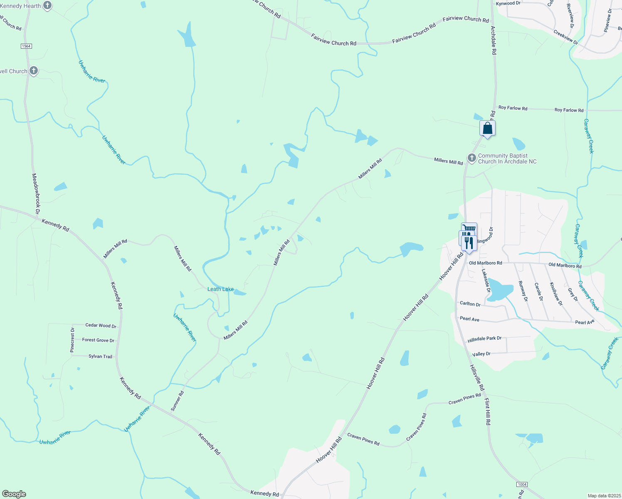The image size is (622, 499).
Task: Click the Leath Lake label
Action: pos(220,289)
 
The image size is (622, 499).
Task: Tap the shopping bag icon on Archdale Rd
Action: pos(487,128)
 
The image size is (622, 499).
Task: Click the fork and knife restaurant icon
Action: pos(469,242)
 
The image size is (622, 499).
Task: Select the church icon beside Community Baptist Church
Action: pos(471,158)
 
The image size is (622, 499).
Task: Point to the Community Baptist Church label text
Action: pos(507,158)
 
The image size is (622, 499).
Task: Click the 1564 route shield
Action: pos(26,46)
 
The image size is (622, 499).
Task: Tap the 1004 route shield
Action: pos(522,484)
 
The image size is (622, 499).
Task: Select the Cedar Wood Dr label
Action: pos(101,326)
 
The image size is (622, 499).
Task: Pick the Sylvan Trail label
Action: pos(100,356)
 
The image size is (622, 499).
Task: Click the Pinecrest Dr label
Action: pos(72,340)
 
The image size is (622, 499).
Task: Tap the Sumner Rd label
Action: pos(177,401)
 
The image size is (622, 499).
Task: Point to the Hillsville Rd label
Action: pos(477,378)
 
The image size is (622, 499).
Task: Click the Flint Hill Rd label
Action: pos(488,411)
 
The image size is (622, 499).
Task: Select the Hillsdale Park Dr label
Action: pos(484,339)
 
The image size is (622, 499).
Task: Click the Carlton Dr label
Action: pos(470,304)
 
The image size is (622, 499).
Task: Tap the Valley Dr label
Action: pos(481,354)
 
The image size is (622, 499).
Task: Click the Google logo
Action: pos(14,494)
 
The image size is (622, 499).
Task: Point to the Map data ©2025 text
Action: pos(604,496)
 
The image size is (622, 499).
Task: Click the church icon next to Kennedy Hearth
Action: pos(47,5)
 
